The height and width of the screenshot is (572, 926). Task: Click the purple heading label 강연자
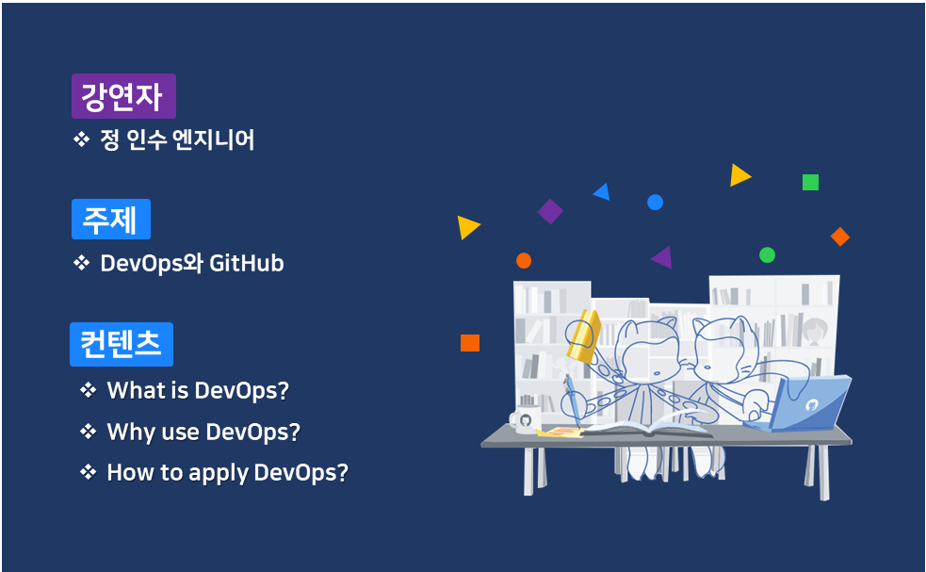[123, 96]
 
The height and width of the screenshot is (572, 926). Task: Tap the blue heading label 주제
[110, 220]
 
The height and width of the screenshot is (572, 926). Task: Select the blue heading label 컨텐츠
[121, 344]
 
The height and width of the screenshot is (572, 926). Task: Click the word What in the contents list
[134, 390]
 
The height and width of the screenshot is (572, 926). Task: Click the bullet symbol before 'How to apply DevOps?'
[89, 472]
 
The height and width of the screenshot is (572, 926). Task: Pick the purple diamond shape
[550, 211]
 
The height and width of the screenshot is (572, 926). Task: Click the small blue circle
[655, 203]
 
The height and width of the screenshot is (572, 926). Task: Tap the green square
[810, 182]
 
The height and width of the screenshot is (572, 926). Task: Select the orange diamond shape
[840, 237]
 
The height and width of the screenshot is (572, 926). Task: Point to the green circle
[767, 254]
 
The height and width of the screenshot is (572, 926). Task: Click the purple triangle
[663, 257]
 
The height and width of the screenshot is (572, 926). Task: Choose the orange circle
[524, 260]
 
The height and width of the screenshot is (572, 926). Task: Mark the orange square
[469, 343]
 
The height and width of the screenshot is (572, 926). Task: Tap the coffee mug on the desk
[523, 420]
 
